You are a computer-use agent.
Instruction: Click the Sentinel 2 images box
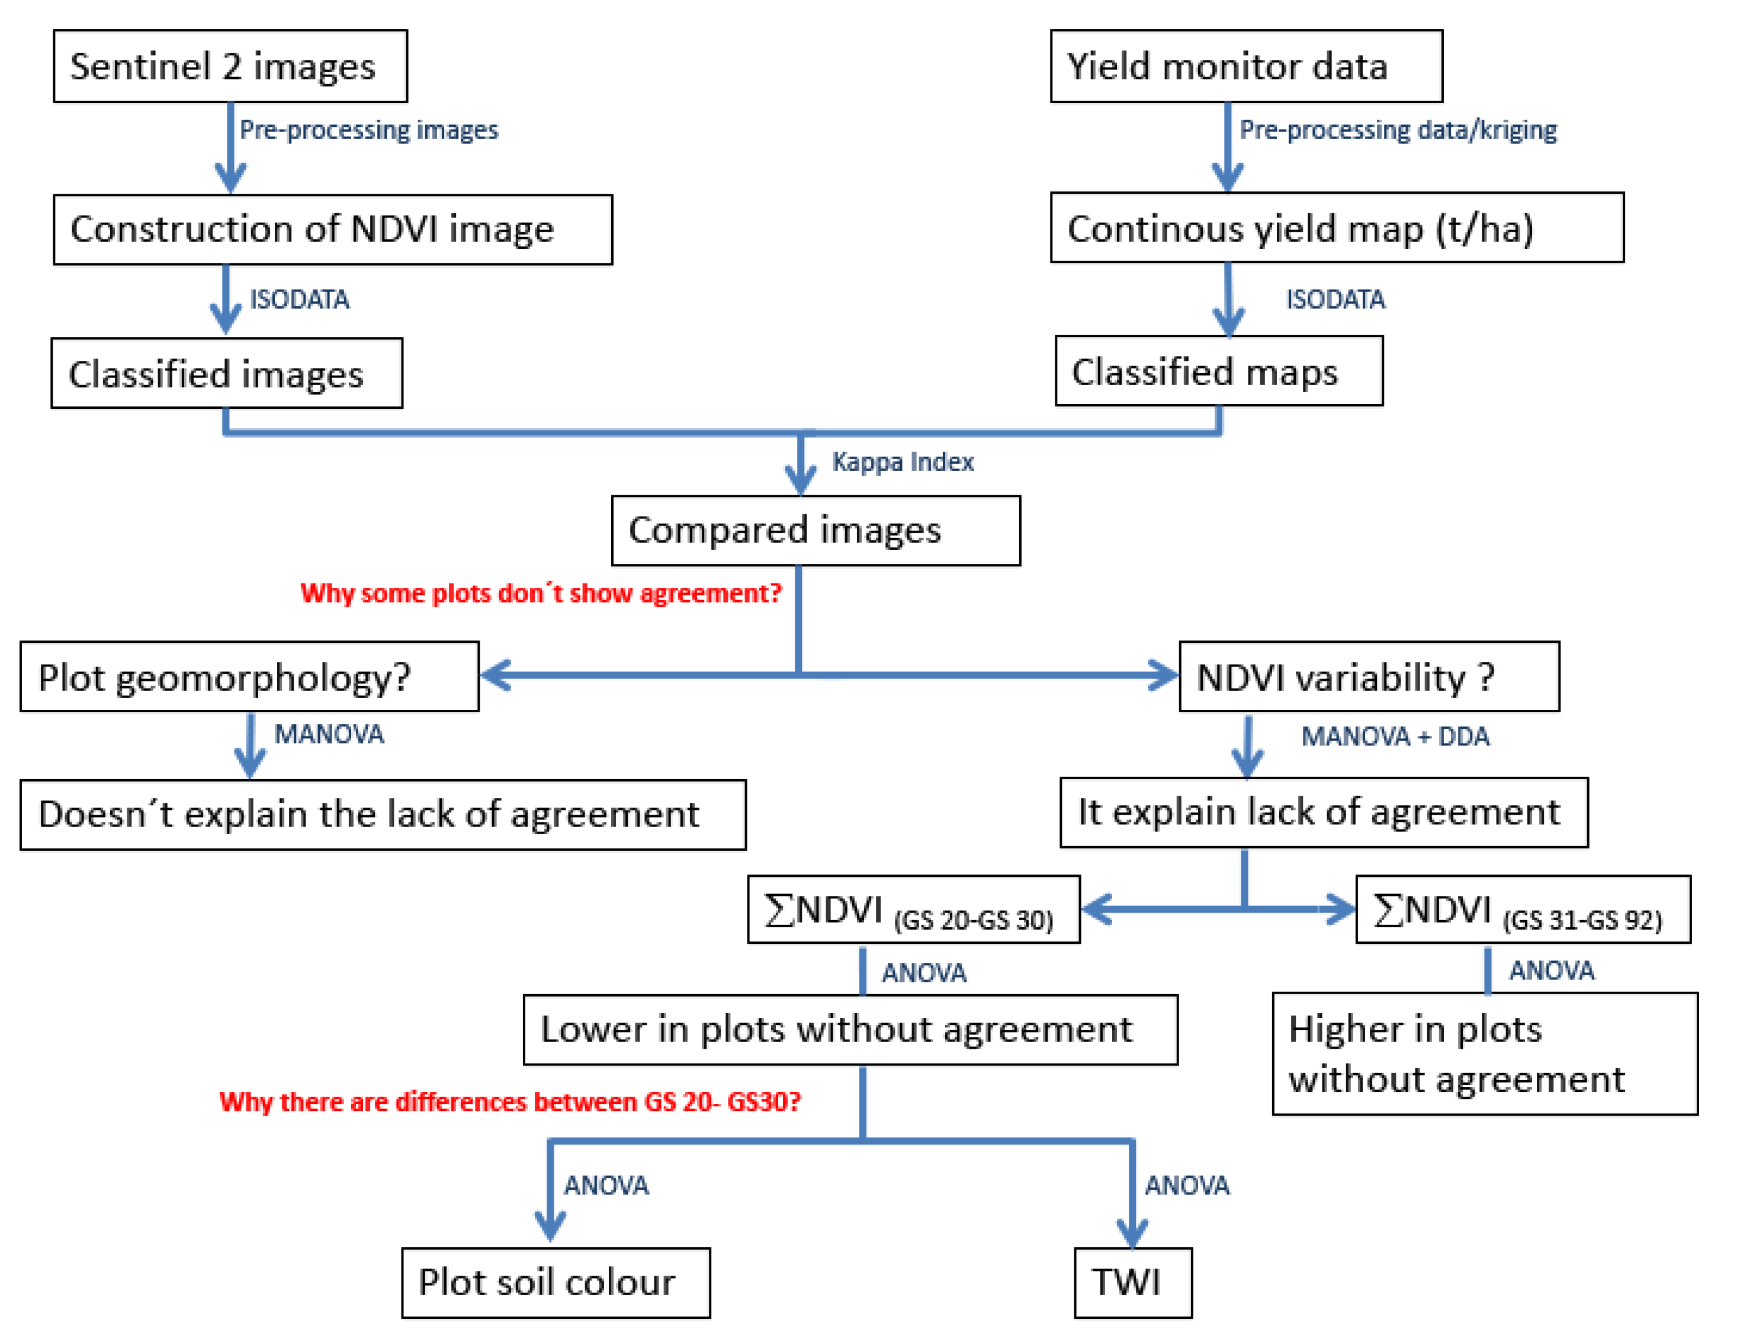[x=230, y=66]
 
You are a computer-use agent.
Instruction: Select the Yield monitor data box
[x=1245, y=66]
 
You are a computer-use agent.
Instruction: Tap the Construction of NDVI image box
[x=332, y=229]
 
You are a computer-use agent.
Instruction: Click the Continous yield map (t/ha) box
[x=1336, y=228]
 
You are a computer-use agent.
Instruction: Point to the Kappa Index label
[x=902, y=462]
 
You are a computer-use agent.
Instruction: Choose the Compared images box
[x=815, y=531]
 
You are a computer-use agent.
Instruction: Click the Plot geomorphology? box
[x=249, y=677]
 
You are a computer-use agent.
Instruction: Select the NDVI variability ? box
[x=1368, y=677]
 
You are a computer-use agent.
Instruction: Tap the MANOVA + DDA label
[x=1394, y=736]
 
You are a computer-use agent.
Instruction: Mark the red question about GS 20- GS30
[x=510, y=1102]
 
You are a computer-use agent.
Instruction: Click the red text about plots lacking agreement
[x=541, y=594]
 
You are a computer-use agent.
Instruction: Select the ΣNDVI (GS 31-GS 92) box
[x=1522, y=910]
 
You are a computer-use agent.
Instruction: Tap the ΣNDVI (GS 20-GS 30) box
[x=913, y=910]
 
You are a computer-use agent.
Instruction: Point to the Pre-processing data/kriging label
[x=1398, y=130]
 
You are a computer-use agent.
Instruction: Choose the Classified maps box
[x=1218, y=371]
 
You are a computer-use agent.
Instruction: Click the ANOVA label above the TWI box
[x=1187, y=1186]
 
